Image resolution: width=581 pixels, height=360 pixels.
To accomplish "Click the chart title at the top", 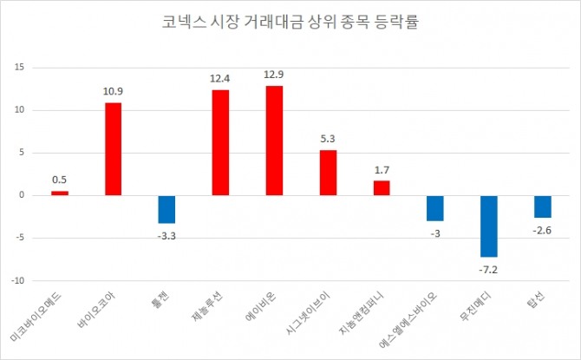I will (290, 22).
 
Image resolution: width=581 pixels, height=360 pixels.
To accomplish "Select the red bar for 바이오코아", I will (113, 148).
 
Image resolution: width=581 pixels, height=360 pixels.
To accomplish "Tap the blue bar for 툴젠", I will (166, 209).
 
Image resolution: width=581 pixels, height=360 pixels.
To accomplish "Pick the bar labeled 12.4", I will (220, 142).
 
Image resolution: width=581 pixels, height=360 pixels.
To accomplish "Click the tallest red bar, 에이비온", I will (274, 140).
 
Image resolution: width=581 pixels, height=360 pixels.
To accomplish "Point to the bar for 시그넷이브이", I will (328, 173).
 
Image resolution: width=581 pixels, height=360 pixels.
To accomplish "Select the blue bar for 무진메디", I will (489, 226).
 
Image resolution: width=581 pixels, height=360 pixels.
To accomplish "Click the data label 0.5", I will (59, 180).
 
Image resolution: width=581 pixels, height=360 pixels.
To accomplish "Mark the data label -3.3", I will (166, 233).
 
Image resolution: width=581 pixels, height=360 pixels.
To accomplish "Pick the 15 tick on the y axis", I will (22, 67).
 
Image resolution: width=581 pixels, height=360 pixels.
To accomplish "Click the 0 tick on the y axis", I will (24, 195).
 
